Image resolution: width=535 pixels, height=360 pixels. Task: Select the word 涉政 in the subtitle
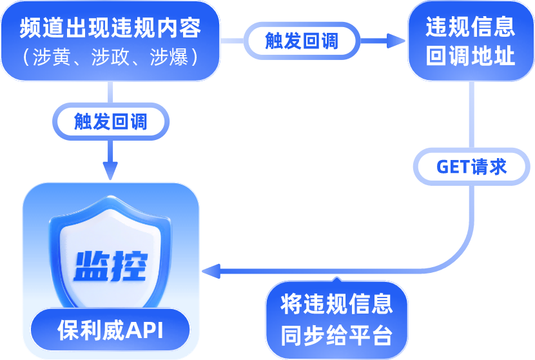point(110,57)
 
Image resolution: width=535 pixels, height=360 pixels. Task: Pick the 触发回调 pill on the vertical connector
point(111,121)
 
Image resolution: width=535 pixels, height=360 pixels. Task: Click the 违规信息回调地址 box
point(471,41)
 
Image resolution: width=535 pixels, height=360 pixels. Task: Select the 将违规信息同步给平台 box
point(336,320)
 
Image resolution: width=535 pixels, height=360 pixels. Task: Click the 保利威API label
point(110,331)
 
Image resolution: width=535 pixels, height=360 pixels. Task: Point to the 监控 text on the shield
point(111,265)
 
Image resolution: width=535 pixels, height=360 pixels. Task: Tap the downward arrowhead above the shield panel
point(111,171)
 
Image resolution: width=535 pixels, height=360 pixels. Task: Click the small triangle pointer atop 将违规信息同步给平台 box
point(336,279)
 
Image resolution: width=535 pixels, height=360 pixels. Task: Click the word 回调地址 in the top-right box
point(471,55)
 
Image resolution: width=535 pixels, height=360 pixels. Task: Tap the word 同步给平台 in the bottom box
point(336,335)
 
